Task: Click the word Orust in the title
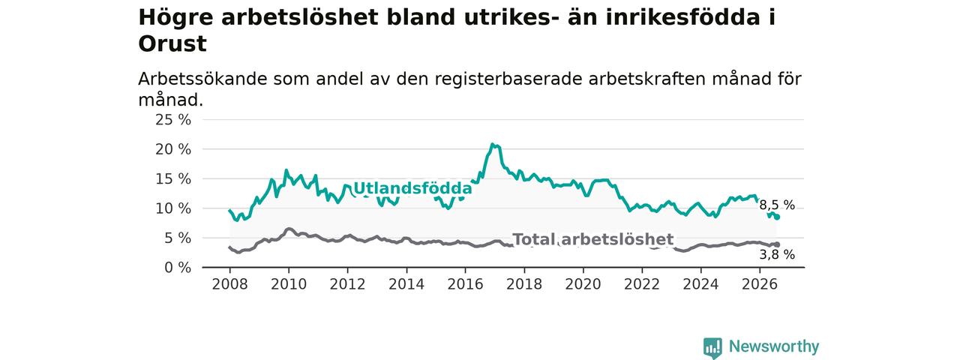click(172, 44)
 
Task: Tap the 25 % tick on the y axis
click(173, 120)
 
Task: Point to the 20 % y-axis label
click(173, 149)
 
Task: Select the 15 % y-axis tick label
click(173, 179)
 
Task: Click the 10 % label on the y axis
click(173, 208)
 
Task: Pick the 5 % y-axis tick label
click(178, 238)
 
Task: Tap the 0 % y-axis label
click(178, 268)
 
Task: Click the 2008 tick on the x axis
click(229, 284)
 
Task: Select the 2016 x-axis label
click(465, 284)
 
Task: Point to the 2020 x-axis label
click(583, 284)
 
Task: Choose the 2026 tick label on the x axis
click(760, 284)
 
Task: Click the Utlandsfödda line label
click(412, 188)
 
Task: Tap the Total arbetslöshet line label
click(593, 239)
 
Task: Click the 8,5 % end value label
click(777, 205)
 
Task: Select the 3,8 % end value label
click(777, 255)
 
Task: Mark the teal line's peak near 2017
click(492, 145)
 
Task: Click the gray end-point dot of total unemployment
click(777, 244)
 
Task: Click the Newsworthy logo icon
click(712, 347)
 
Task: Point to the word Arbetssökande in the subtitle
click(202, 79)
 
